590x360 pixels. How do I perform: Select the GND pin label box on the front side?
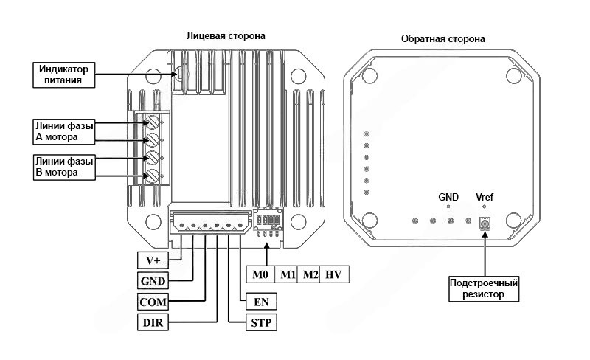pos(153,281)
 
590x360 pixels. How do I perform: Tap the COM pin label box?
pos(153,302)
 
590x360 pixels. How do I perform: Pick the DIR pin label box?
pos(152,322)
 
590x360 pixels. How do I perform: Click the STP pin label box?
pos(260,322)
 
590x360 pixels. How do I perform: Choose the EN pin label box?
pos(260,302)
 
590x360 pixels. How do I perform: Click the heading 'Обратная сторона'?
pos(442,38)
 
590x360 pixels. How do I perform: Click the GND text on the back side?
pos(448,198)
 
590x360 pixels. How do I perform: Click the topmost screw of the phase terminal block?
pos(154,121)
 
